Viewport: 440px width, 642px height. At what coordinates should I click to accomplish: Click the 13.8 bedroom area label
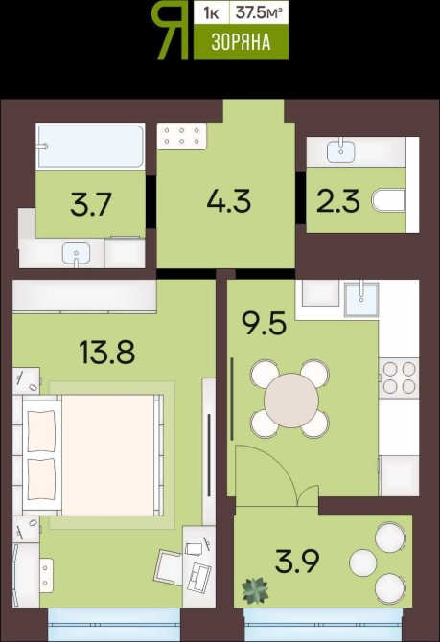(107, 353)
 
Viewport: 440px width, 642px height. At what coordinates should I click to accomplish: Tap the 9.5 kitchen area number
(264, 323)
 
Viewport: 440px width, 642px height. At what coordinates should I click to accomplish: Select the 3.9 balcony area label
(296, 562)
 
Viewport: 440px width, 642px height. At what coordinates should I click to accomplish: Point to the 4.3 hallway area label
(228, 201)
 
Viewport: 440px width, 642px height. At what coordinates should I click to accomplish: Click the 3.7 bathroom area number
(91, 205)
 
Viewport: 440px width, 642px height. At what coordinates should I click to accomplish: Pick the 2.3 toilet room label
(338, 200)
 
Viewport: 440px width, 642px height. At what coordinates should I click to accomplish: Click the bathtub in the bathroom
(90, 147)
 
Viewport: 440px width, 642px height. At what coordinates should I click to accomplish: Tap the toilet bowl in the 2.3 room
(389, 200)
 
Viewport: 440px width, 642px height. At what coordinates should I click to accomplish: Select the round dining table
(291, 400)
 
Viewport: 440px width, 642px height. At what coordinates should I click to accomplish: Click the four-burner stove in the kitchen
(399, 378)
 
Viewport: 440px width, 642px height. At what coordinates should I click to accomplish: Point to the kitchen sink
(361, 298)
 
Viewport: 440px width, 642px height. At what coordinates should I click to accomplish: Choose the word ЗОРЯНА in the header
(241, 42)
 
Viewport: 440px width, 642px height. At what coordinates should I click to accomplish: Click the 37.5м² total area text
(259, 13)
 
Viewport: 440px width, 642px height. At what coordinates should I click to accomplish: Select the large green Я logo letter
(170, 31)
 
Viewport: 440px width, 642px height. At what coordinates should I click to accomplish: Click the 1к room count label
(212, 13)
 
